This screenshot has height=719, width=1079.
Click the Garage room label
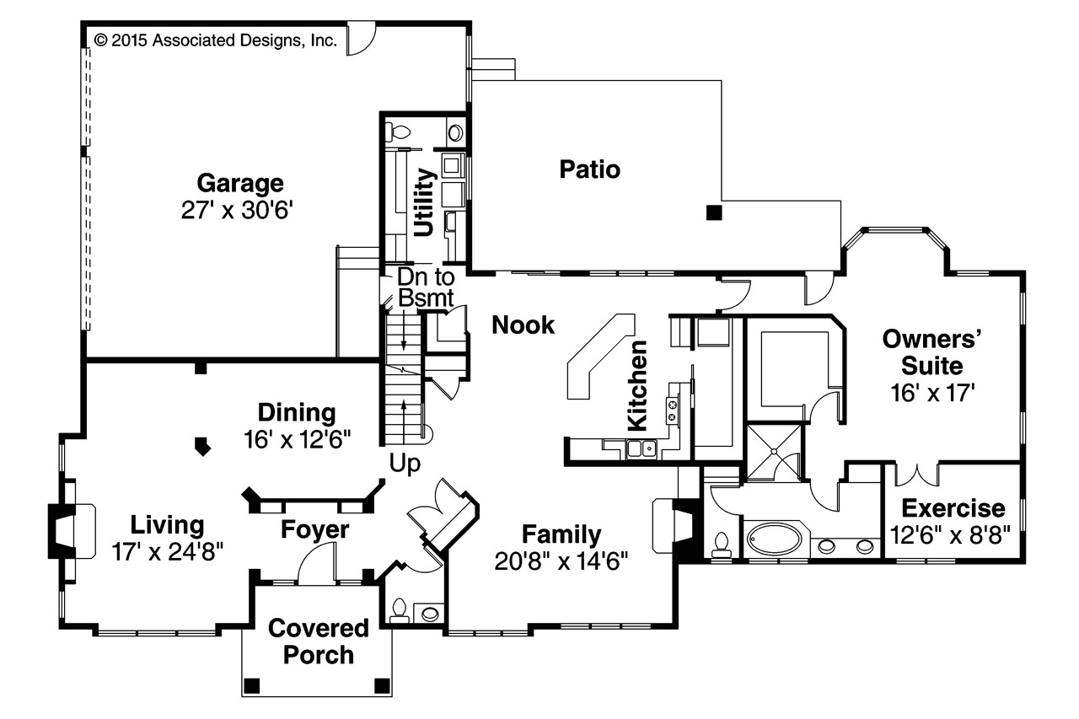[x=239, y=183]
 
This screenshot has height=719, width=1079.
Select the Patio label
[x=590, y=169]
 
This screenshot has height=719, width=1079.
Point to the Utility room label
[x=425, y=201]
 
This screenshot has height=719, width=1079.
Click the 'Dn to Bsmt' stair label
[x=426, y=287]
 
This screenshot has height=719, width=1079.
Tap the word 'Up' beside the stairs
[x=405, y=464]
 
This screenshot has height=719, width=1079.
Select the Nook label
[x=523, y=325]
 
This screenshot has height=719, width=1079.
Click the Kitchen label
[x=638, y=384]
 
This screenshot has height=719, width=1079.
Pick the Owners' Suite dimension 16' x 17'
[x=932, y=392]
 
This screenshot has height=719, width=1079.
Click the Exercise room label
[x=953, y=508]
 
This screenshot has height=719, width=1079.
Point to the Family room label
[x=561, y=534]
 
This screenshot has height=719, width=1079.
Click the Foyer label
[x=314, y=529]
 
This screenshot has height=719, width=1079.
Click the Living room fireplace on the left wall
[x=62, y=532]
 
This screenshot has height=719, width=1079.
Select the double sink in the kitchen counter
[x=641, y=448]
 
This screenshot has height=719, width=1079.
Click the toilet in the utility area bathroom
[x=398, y=132]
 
